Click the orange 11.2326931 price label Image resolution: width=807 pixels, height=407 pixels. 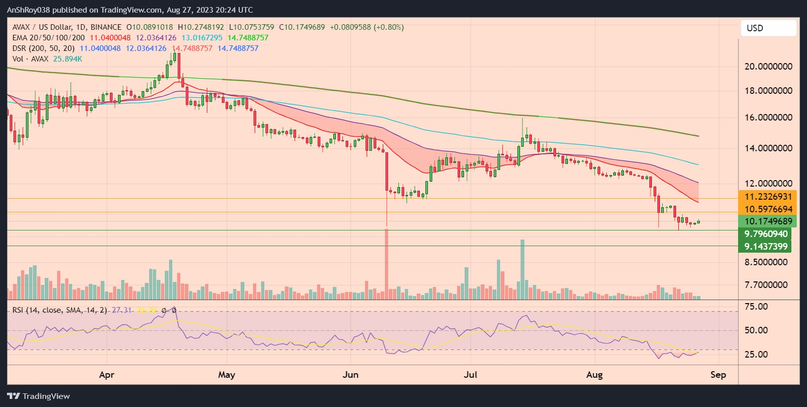tap(767, 197)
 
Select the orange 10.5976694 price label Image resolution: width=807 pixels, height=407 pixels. tap(767, 209)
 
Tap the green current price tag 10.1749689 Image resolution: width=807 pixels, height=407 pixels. tap(767, 221)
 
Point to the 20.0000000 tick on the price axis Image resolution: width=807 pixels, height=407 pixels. tap(768, 67)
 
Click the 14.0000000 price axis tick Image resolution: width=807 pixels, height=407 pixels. tap(768, 148)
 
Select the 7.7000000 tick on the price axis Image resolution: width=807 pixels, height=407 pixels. tap(766, 285)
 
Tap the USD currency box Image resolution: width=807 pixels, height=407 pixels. tap(768, 28)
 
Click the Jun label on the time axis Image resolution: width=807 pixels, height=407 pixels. tap(350, 375)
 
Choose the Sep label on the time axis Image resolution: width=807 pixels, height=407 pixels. tap(718, 375)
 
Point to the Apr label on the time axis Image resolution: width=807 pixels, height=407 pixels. tap(106, 375)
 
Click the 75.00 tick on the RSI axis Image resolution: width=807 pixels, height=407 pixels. tap(756, 307)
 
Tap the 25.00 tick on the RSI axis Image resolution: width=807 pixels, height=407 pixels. tap(756, 355)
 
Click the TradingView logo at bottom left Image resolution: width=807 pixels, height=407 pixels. tap(38, 396)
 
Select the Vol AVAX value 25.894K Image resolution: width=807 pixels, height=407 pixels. tap(68, 59)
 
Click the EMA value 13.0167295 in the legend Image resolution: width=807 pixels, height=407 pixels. tap(202, 38)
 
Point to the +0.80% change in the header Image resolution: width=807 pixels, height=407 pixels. tap(388, 27)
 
